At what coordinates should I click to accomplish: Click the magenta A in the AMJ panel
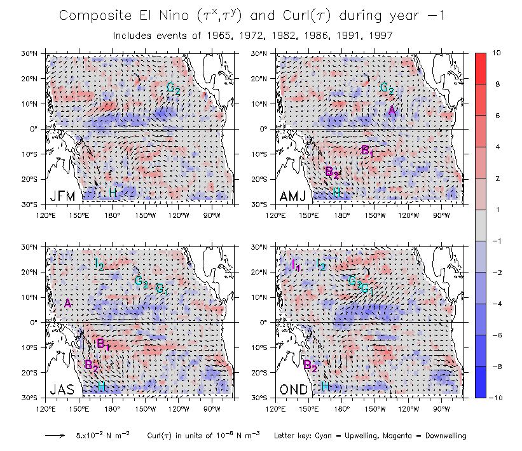(392, 111)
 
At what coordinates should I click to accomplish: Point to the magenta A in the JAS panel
(67, 304)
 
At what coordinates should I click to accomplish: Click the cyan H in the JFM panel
(112, 192)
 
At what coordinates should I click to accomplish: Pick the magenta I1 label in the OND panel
(295, 265)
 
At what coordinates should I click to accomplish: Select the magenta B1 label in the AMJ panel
(367, 151)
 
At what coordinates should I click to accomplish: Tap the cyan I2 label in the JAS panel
(99, 264)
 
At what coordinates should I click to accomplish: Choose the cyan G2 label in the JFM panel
(173, 88)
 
